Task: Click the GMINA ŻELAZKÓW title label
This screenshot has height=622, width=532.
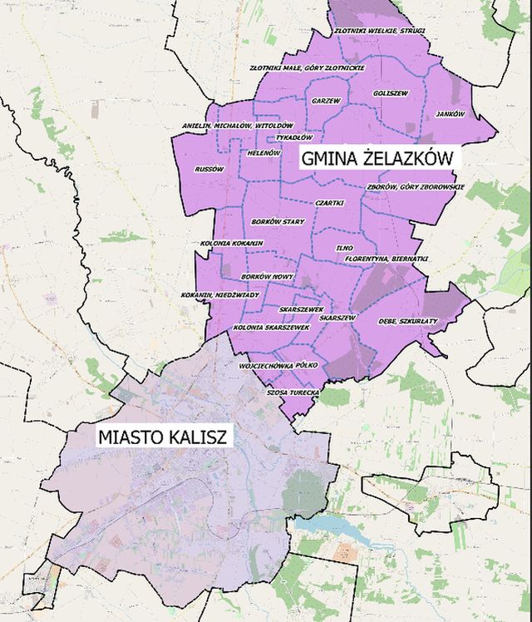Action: coord(376,157)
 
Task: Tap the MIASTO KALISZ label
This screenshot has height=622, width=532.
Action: coord(164,436)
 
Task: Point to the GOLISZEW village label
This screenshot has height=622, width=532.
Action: coord(391,93)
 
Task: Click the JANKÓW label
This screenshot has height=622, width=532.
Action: coord(450,114)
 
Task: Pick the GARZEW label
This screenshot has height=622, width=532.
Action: coord(326,101)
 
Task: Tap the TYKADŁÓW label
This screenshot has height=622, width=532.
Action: coord(293,137)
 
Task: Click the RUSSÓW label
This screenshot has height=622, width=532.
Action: coord(209,169)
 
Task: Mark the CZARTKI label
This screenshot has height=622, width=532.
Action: coord(329,204)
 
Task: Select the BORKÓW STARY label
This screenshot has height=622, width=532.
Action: coord(278,222)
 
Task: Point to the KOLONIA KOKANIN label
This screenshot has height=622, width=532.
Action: coord(232,244)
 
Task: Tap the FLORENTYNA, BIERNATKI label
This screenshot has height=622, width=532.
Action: coord(387,259)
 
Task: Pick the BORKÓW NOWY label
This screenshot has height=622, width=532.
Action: coord(268,275)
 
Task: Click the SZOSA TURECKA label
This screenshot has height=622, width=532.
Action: coord(293,392)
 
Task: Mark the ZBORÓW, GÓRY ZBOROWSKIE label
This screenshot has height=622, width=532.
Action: coord(416,187)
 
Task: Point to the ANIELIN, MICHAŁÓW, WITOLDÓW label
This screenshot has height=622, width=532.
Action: coord(238,126)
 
